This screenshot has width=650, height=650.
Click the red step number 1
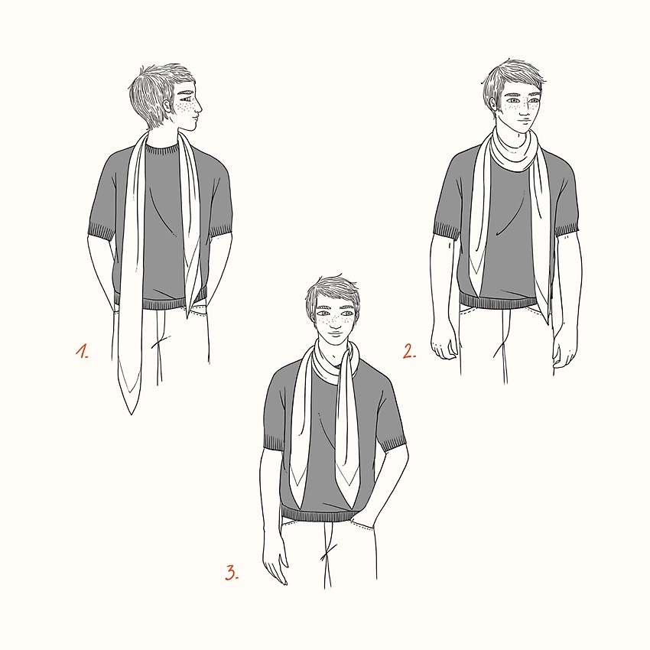(82, 351)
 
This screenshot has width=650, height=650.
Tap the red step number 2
(410, 352)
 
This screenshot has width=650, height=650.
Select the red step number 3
(232, 573)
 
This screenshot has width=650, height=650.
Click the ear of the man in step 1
(167, 106)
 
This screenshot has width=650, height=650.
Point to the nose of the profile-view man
(199, 109)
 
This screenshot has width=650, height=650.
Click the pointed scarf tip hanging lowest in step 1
(132, 413)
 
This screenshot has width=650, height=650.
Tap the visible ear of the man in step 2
(492, 104)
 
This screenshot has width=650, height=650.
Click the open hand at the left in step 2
(443, 344)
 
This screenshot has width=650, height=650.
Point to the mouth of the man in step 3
(334, 333)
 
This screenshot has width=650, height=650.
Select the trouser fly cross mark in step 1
(161, 343)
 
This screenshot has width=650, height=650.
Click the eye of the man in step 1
(190, 99)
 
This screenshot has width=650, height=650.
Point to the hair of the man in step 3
(330, 292)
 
